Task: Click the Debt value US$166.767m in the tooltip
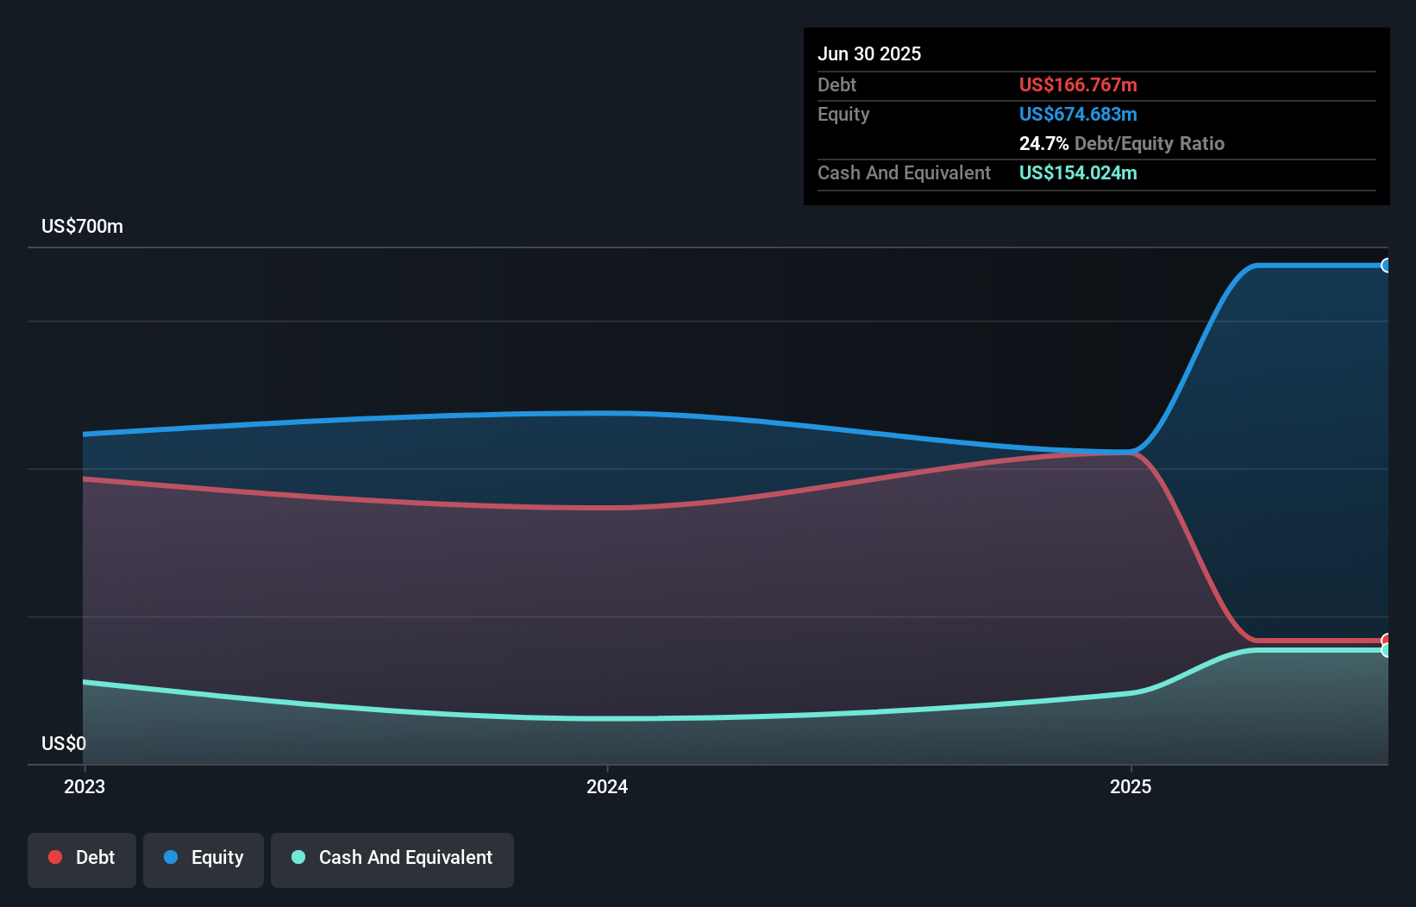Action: pos(1077,84)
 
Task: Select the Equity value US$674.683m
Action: pos(1077,114)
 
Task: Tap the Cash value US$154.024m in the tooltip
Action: pos(1077,172)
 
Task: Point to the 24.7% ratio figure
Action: pos(1043,143)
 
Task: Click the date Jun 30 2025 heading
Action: pos(868,53)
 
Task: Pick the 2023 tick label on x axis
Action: pos(85,786)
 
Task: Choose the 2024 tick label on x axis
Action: pos(607,786)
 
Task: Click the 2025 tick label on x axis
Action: pos(1130,786)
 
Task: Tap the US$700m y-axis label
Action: pos(82,226)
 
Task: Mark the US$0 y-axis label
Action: pos(64,743)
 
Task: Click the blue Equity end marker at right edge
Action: pos(1386,266)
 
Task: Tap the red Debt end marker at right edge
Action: pos(1386,640)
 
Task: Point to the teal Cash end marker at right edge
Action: pos(1386,651)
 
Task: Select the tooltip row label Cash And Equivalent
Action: pos(904,172)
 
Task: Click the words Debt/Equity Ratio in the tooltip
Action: pos(1149,143)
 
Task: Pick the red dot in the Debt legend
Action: pos(55,857)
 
